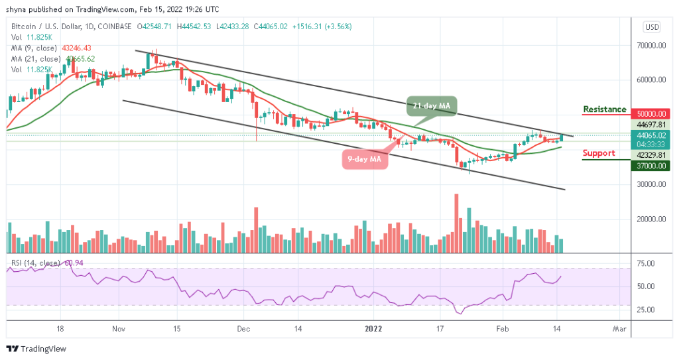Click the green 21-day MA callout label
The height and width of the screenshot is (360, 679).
pos(432,106)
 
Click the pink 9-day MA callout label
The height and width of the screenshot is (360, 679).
pos(364,159)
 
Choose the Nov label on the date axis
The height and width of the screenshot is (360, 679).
pos(119,328)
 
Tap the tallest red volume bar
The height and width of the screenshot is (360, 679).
pos(456,223)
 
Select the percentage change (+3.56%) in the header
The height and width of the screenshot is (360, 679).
pos(338,27)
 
